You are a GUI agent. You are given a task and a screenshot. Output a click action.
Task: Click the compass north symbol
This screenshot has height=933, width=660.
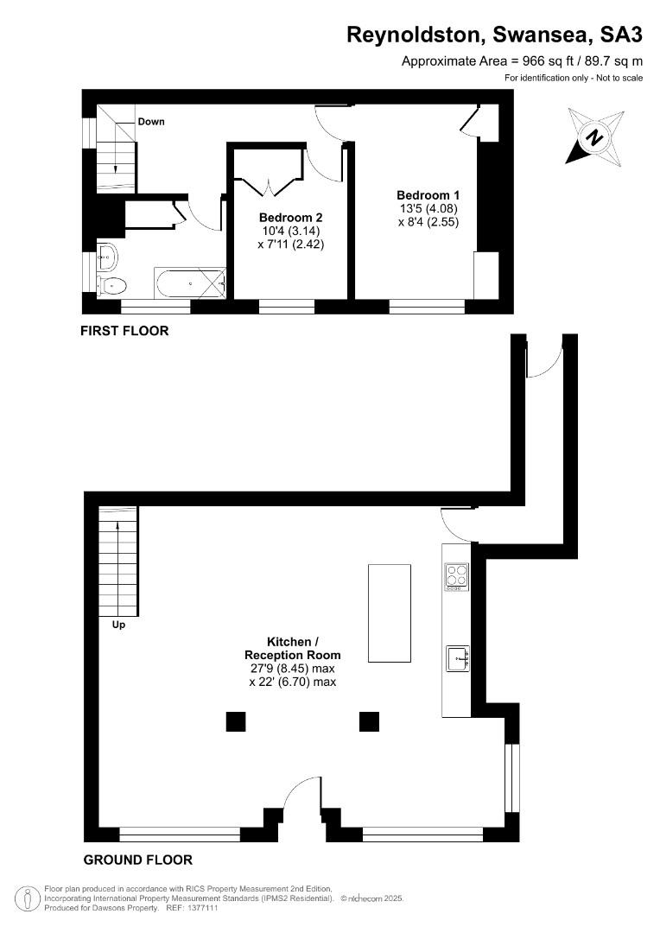click(595, 136)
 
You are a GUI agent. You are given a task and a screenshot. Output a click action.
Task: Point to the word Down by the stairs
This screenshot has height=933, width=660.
click(151, 122)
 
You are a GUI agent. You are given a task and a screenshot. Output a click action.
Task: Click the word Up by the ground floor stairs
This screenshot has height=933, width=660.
click(118, 625)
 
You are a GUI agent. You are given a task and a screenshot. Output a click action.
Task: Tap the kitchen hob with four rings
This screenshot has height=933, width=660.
click(457, 576)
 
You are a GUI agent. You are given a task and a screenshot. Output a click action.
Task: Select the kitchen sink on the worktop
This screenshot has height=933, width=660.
click(458, 658)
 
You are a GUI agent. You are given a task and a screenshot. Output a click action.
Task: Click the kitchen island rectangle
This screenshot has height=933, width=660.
click(390, 612)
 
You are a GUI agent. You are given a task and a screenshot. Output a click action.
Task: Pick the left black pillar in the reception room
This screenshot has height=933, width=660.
click(236, 721)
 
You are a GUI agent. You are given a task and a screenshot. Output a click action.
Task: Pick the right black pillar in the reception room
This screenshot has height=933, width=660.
click(369, 721)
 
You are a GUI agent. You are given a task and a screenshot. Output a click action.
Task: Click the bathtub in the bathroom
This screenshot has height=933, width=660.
click(190, 283)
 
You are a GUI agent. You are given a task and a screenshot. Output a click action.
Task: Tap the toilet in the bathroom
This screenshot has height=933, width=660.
click(112, 286)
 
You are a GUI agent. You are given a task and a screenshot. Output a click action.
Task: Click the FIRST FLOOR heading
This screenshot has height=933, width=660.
click(124, 331)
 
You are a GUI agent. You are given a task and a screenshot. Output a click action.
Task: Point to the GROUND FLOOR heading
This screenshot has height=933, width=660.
click(137, 860)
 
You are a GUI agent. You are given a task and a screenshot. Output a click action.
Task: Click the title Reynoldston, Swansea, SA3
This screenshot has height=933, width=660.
click(494, 35)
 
